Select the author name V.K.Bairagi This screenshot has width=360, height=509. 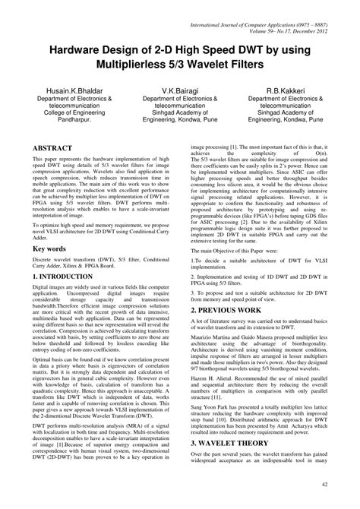pos(179,90)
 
